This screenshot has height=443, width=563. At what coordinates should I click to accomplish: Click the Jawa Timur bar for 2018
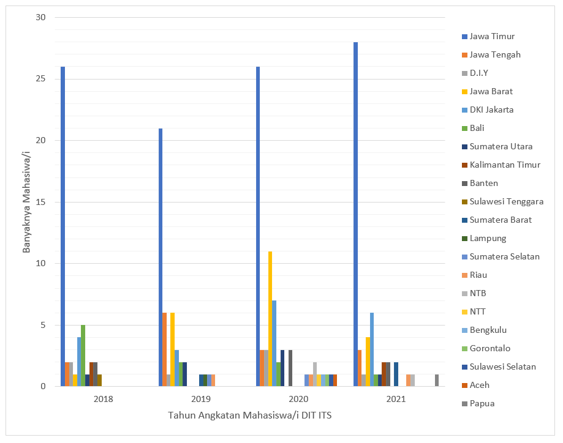63,226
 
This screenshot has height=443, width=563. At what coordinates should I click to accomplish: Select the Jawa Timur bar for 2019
161,257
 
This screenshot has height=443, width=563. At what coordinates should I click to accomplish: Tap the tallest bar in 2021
355,214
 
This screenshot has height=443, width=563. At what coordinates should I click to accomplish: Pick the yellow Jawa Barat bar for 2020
270,319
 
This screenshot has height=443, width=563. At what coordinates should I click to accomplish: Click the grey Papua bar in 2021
437,380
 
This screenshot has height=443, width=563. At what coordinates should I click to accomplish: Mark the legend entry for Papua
482,403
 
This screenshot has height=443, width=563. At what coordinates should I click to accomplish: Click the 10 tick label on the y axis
41,264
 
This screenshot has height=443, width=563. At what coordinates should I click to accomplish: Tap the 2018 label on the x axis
103,399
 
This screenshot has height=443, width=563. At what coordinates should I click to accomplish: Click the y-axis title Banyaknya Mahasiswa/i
26,202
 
